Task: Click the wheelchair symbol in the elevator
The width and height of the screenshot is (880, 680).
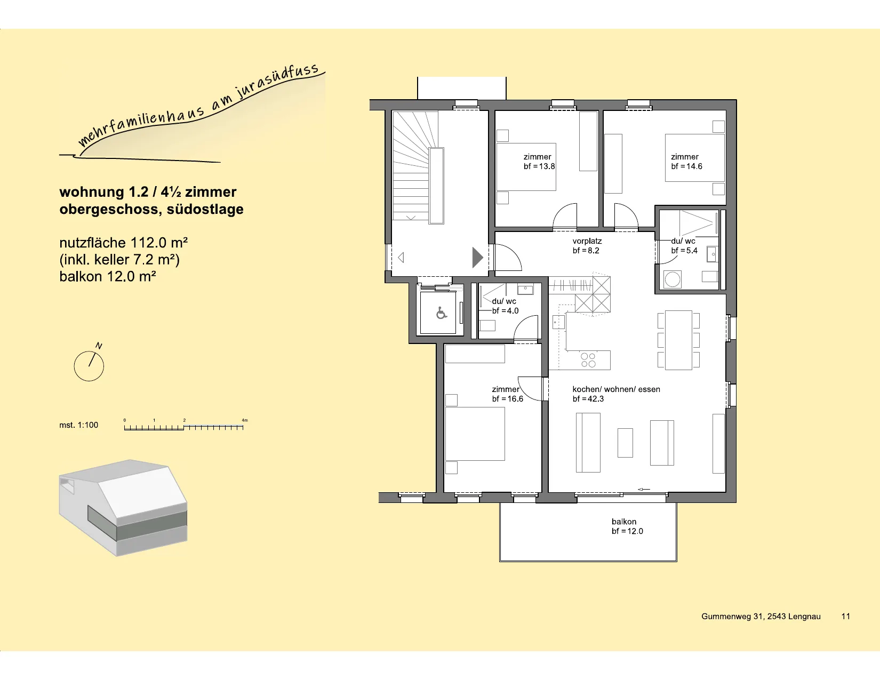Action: pyautogui.click(x=441, y=313)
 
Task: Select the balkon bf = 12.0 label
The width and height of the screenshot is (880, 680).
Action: pyautogui.click(x=627, y=526)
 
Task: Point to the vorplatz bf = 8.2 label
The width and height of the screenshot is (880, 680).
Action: pyautogui.click(x=587, y=246)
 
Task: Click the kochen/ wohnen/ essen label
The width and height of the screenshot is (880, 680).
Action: pyautogui.click(x=616, y=389)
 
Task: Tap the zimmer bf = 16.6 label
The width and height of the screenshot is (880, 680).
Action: pyautogui.click(x=507, y=394)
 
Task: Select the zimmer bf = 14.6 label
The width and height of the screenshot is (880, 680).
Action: pyautogui.click(x=686, y=162)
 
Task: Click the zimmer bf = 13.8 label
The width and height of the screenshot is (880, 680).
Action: pyautogui.click(x=539, y=162)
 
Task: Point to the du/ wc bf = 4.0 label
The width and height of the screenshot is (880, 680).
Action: pyautogui.click(x=505, y=306)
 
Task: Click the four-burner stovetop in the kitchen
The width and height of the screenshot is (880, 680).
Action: pyautogui.click(x=588, y=360)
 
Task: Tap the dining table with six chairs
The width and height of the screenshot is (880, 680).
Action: pyautogui.click(x=678, y=340)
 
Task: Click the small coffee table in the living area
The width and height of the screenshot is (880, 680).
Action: pyautogui.click(x=625, y=443)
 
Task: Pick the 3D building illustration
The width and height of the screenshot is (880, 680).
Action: pyautogui.click(x=123, y=508)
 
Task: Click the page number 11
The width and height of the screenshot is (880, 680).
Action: pyautogui.click(x=845, y=617)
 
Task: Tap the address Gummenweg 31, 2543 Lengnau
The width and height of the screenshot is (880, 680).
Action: pyautogui.click(x=761, y=617)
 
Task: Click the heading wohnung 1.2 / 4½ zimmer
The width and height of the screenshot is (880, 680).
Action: pyautogui.click(x=148, y=191)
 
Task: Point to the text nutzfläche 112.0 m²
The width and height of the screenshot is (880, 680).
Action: pyautogui.click(x=124, y=243)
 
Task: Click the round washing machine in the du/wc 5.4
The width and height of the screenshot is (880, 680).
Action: pyautogui.click(x=672, y=279)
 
